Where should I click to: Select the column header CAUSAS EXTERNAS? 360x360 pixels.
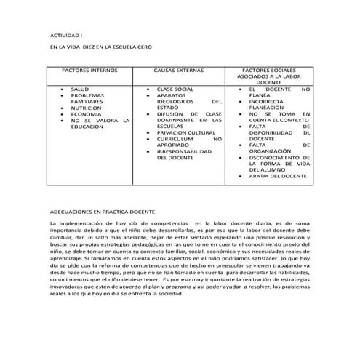tap(178, 71)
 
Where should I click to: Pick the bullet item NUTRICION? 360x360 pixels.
tap(87, 108)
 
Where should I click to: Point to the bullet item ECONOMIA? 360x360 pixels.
tap(86, 114)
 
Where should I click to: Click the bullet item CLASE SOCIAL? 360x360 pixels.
tap(175, 89)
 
